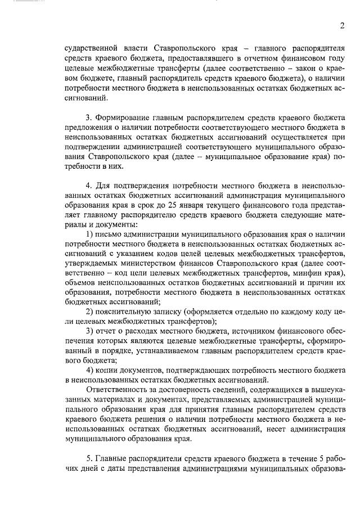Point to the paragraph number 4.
88,185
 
